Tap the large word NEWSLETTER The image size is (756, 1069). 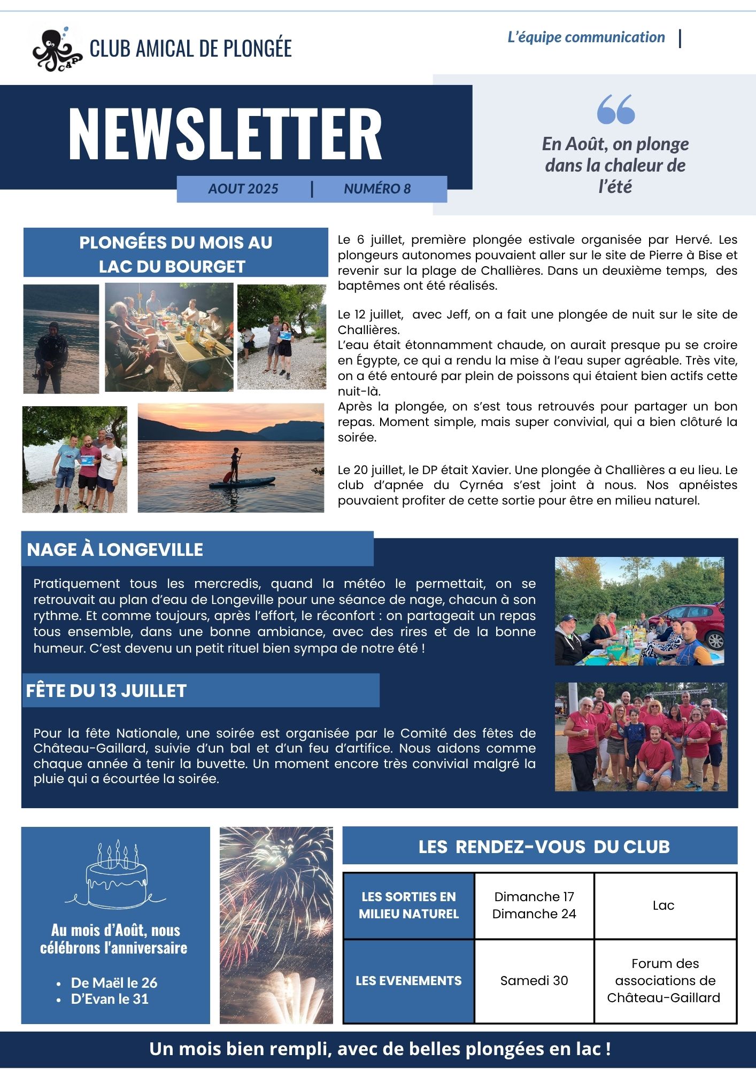click(225, 134)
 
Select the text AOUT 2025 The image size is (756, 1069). click(243, 189)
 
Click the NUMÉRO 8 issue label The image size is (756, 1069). click(377, 189)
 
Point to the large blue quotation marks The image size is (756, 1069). click(615, 110)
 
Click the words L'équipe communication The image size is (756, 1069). click(586, 37)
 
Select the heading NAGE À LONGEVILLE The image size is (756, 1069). click(115, 549)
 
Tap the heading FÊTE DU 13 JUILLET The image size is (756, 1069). click(106, 691)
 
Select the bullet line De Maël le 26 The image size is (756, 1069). click(114, 982)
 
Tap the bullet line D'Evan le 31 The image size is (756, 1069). click(110, 999)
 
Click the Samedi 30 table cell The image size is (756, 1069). click(534, 980)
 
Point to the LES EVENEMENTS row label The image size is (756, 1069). click(408, 980)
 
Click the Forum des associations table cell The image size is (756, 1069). click(664, 980)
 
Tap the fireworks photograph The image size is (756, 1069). click(276, 925)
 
